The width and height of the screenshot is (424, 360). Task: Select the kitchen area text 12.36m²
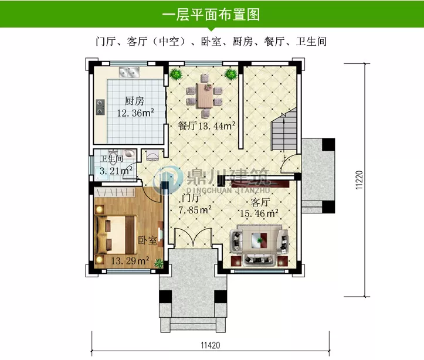135,113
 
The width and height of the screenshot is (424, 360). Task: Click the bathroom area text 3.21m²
115,171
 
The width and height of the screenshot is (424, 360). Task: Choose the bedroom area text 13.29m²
130,261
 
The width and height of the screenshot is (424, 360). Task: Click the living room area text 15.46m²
256,213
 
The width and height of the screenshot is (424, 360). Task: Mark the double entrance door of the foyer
194,239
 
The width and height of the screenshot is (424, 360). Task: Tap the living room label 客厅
260,202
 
